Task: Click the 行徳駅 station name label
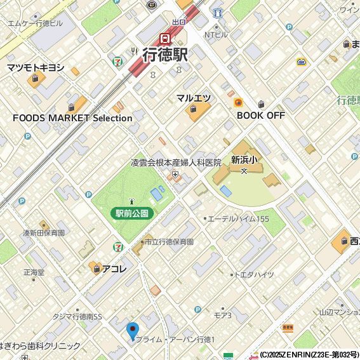[x=164, y=55]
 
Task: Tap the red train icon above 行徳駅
[x=165, y=38]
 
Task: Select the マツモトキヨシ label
[x=36, y=67]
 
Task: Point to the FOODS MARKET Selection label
[x=72, y=118]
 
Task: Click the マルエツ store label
[x=193, y=98]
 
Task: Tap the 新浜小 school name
[x=243, y=160]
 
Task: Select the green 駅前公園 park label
[x=132, y=214]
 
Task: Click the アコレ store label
[x=114, y=269]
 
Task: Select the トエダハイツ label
[x=254, y=275]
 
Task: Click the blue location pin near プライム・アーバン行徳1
[x=133, y=331]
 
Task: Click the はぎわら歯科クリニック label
[x=40, y=346]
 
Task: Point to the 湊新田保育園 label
[x=44, y=233]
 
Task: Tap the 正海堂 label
[x=34, y=272]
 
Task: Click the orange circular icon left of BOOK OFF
[x=238, y=102]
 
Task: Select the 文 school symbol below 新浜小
[x=243, y=171]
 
